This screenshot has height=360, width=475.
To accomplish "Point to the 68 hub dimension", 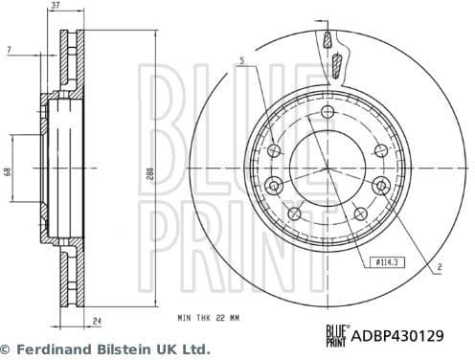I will [x=8, y=171].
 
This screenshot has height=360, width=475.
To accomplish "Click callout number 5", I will [x=242, y=62].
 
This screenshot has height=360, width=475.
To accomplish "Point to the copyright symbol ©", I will [x=7, y=349].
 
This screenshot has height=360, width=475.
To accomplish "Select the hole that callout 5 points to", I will [x=277, y=150].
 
